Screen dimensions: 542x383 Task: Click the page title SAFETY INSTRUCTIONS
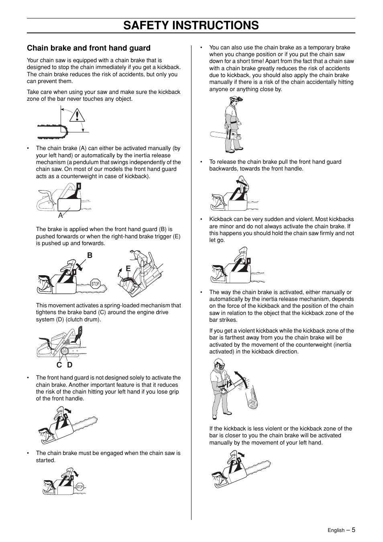click(x=191, y=25)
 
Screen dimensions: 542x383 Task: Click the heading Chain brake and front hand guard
click(x=89, y=48)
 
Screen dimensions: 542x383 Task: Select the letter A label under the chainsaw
click(x=61, y=215)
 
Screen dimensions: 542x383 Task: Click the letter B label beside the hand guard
click(x=90, y=256)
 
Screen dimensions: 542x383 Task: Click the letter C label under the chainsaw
click(x=59, y=365)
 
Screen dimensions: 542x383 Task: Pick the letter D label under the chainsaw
click(x=69, y=365)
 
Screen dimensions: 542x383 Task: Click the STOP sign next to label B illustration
click(x=95, y=284)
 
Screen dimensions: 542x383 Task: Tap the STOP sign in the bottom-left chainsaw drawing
click(x=79, y=487)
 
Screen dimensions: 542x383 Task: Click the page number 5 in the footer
click(x=353, y=530)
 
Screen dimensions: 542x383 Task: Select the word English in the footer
click(x=336, y=530)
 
